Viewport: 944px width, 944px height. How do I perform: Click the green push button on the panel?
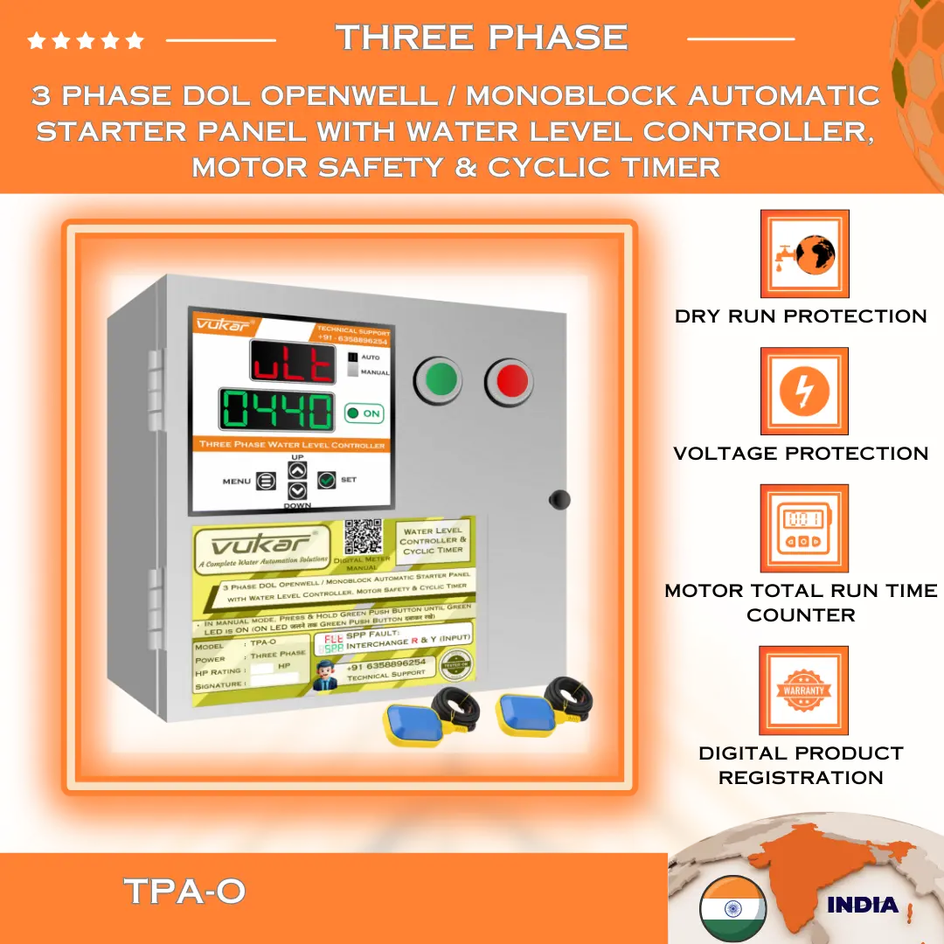click(x=441, y=379)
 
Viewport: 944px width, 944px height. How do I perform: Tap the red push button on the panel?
click(x=510, y=380)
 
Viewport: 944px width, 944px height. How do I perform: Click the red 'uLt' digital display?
click(x=293, y=361)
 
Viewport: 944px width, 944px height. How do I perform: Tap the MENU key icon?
click(x=266, y=481)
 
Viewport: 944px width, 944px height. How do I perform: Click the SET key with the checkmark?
click(x=327, y=480)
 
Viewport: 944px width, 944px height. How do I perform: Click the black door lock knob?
click(x=558, y=499)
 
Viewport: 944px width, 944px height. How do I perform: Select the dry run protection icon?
click(x=804, y=253)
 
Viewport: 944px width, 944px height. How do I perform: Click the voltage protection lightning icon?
click(x=804, y=391)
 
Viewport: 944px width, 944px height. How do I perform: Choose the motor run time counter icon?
click(x=804, y=528)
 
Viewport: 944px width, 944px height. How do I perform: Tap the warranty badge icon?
click(x=804, y=690)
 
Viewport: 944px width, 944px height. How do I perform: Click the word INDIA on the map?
click(x=862, y=905)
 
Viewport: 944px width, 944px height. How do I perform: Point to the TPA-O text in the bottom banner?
click(x=184, y=892)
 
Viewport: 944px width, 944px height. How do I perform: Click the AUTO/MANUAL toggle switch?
click(x=353, y=365)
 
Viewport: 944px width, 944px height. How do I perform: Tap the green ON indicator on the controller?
click(x=364, y=413)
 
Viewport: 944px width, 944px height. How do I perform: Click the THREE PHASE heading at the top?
click(x=482, y=38)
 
